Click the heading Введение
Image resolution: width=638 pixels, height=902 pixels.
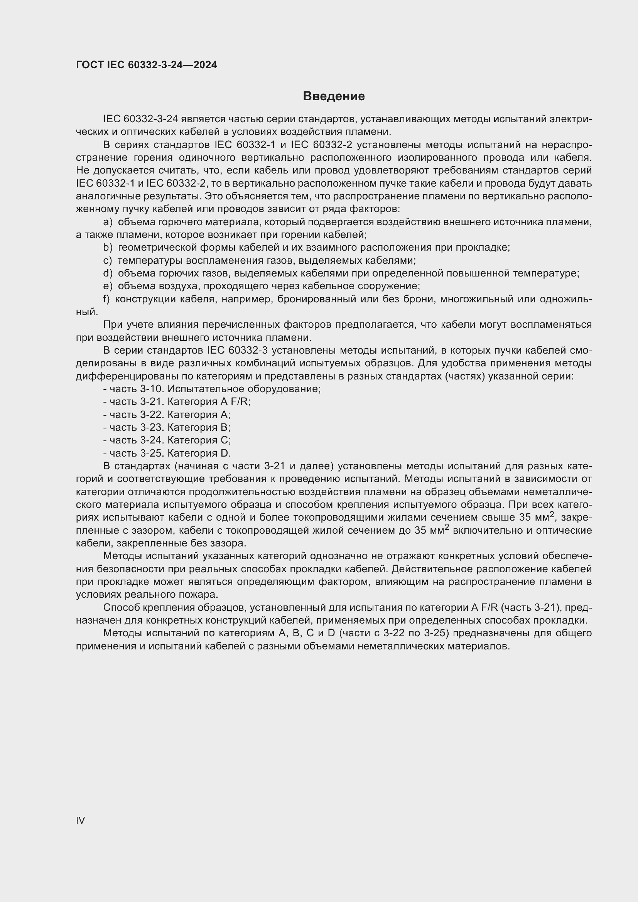[x=334, y=96]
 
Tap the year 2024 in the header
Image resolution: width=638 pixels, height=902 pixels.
[x=205, y=65]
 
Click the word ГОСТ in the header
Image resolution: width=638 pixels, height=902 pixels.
[x=89, y=65]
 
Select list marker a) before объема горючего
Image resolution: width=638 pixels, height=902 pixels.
[x=108, y=223]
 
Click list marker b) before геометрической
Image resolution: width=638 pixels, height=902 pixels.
[x=108, y=248]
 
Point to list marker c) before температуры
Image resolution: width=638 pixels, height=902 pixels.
[x=107, y=261]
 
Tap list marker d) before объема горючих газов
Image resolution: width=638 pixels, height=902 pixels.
[x=108, y=273]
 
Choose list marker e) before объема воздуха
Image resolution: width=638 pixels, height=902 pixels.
[x=108, y=287]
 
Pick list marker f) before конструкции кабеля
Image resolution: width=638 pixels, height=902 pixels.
[x=106, y=299]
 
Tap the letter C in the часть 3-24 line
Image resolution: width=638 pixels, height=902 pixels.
[x=225, y=440]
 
